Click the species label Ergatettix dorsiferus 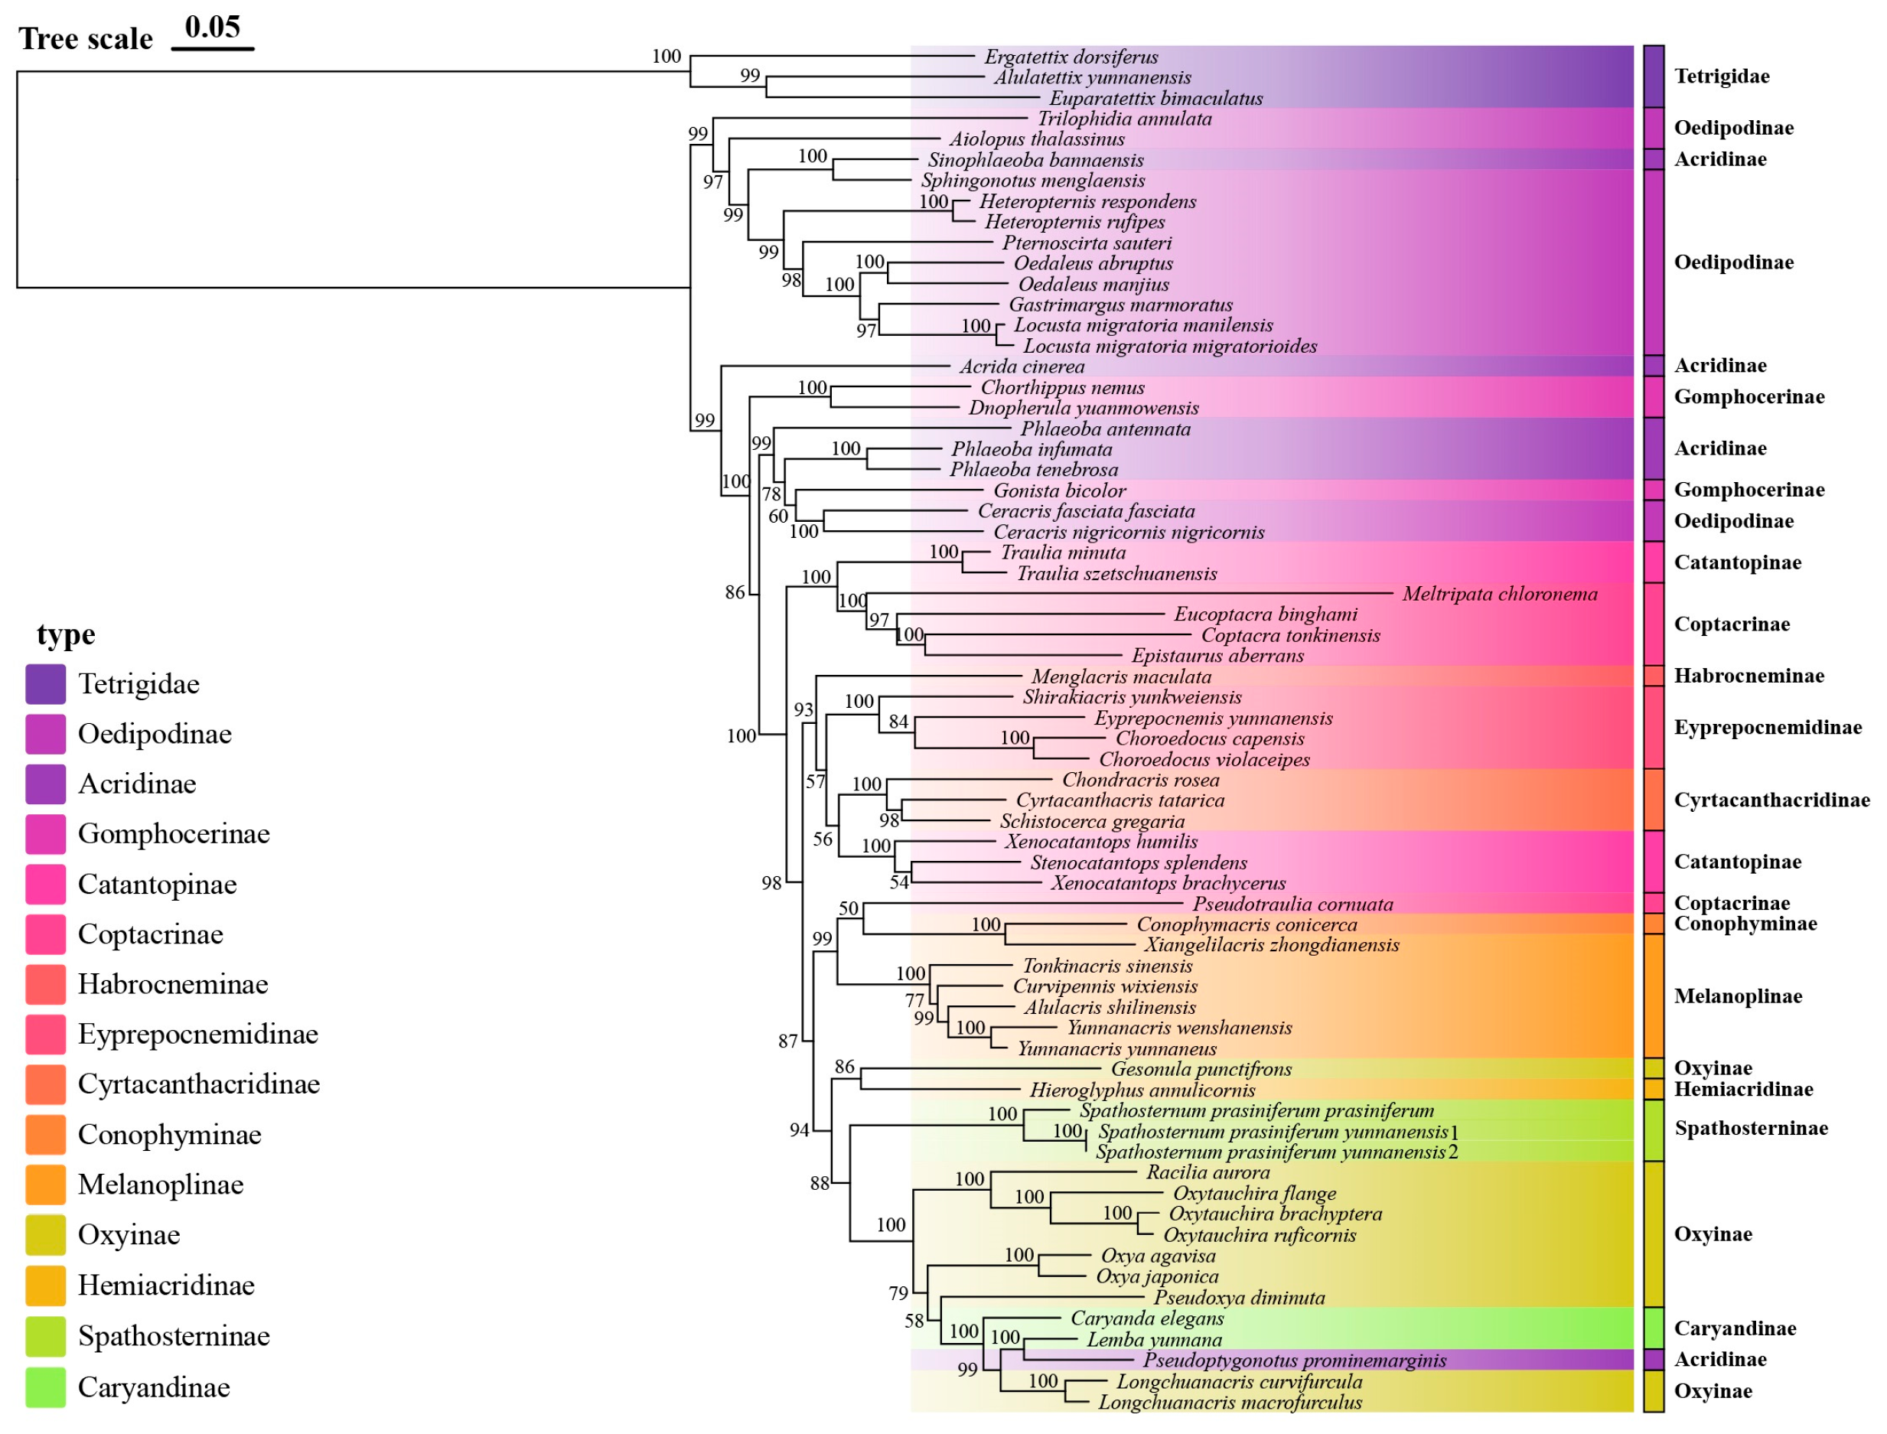[1071, 57]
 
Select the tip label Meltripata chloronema [1500, 594]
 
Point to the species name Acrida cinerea [1022, 367]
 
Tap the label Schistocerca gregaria [1093, 821]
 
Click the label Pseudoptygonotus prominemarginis [1295, 1361]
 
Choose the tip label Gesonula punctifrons [1201, 1070]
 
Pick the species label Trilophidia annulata [1125, 119]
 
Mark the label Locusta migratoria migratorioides [1170, 347]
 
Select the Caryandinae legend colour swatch [45, 1388]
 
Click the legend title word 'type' [66, 635]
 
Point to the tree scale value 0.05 [213, 28]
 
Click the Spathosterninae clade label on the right [1752, 1129]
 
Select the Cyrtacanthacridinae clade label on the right [1771, 800]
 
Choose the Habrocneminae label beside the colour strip [1748, 676]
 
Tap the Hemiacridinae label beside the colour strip [1743, 1090]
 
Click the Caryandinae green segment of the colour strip [1653, 1329]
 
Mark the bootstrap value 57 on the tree [816, 782]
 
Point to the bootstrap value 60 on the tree [778, 517]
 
